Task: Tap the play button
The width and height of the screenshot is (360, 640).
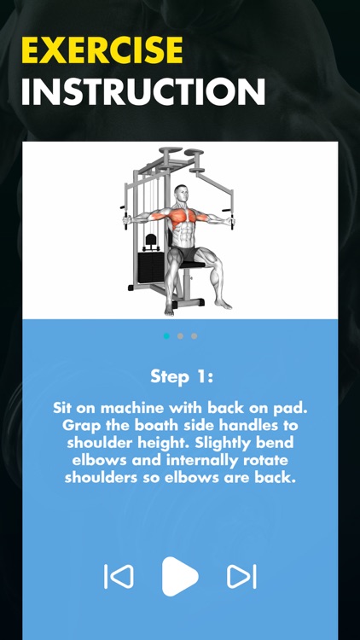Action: pyautogui.click(x=180, y=577)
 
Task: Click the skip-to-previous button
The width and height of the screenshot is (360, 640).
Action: pyautogui.click(x=119, y=577)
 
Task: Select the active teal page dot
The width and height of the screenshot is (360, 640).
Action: pyautogui.click(x=166, y=336)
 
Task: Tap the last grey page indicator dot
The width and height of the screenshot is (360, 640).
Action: pyautogui.click(x=194, y=336)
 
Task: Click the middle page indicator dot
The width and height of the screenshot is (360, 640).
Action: pyautogui.click(x=180, y=336)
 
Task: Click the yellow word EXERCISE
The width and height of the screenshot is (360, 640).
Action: pyautogui.click(x=102, y=51)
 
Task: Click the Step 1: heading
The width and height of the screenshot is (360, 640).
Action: pyautogui.click(x=180, y=376)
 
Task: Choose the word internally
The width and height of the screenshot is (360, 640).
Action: pyautogui.click(x=197, y=461)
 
